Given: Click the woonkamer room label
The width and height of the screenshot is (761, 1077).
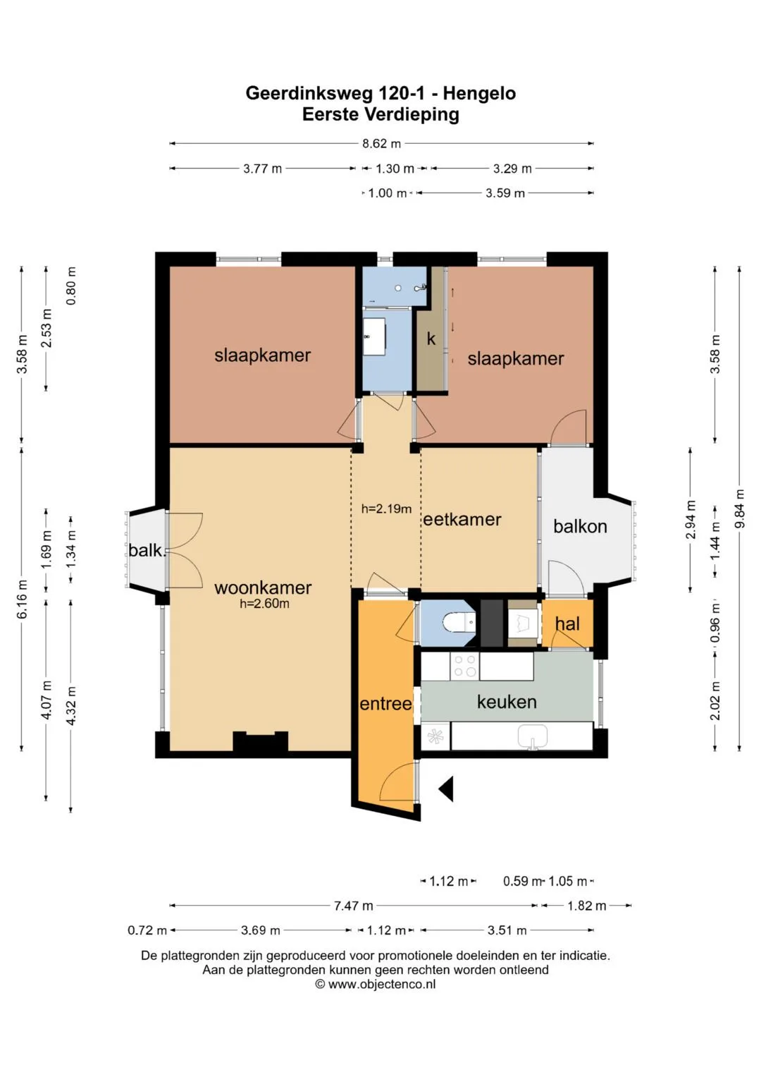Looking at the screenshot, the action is coord(263,588).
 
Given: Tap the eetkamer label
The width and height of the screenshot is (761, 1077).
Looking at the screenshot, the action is coord(462,519).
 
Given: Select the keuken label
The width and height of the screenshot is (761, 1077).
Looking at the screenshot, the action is coord(507,702).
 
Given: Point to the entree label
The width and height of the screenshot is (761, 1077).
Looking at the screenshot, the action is coord(386,704).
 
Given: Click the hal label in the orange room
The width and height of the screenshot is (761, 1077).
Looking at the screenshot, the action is coord(567,623).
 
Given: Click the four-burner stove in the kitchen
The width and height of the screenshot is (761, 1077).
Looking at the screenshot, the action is coord(464,666).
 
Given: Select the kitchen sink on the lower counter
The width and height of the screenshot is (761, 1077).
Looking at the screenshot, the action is coord(532,736).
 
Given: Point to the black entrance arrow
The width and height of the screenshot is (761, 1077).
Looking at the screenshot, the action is coord(446,789).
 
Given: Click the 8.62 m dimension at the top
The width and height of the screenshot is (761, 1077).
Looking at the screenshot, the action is coord(381,143).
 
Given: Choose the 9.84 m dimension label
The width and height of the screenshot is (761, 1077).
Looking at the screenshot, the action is coord(740,509).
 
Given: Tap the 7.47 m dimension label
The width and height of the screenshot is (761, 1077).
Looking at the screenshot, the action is coord(354,906).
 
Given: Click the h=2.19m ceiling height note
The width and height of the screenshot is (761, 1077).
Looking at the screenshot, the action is coord(386,509).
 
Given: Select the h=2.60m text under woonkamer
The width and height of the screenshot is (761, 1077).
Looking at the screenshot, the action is coord(265,604).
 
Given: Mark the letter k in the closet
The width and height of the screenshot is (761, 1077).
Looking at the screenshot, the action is coord(431,339).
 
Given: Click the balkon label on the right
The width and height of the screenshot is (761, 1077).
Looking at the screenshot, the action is coord(580,526).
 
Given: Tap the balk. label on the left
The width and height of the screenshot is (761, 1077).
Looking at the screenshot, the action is coord(147,550).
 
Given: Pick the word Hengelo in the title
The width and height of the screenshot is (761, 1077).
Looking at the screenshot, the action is coord(479,93).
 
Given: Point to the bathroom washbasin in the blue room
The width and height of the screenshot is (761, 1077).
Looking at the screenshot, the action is coord(373,336).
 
